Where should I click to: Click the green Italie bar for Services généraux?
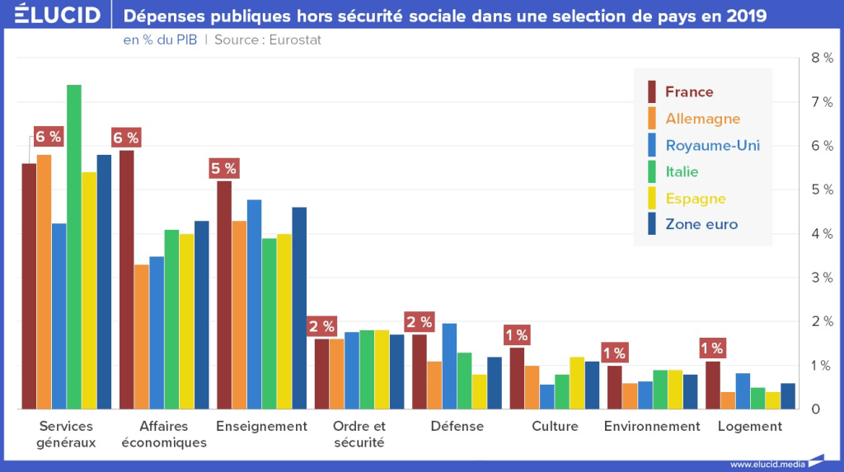(74, 247)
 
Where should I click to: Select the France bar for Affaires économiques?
(126, 280)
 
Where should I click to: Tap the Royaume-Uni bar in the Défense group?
(449, 367)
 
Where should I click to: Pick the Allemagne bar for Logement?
(728, 400)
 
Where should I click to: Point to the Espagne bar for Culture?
(577, 383)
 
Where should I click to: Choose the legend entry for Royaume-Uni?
(712, 145)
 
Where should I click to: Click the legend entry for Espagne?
(695, 199)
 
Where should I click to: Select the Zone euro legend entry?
(701, 224)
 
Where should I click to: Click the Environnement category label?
(652, 427)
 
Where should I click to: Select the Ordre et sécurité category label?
(359, 434)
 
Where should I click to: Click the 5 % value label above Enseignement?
(223, 169)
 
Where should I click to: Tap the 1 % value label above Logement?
(711, 348)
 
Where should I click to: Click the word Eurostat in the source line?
(291, 40)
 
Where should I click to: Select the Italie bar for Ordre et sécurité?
(367, 370)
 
